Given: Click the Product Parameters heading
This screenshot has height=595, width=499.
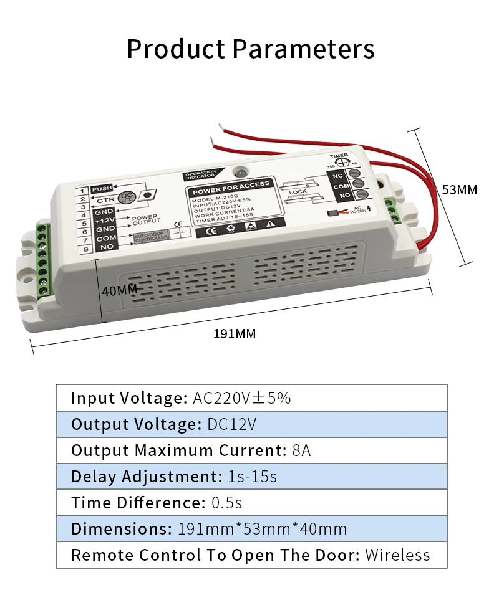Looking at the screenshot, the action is pyautogui.click(x=251, y=49).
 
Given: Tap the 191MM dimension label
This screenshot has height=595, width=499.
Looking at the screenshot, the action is pyautogui.click(x=235, y=334).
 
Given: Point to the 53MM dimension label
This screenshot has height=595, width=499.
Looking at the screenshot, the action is pyautogui.click(x=459, y=189).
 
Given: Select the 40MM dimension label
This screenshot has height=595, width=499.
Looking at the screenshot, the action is pyautogui.click(x=119, y=290).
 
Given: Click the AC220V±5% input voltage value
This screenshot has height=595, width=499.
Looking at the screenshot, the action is pyautogui.click(x=242, y=398).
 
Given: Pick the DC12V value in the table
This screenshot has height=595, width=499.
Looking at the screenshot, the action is pyautogui.click(x=231, y=424).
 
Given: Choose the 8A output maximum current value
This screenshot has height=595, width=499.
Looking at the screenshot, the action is pyautogui.click(x=301, y=450).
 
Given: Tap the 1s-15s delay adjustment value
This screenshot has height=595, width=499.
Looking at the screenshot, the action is pyautogui.click(x=251, y=477).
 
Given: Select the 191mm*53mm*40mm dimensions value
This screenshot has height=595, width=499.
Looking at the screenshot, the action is pyautogui.click(x=263, y=529).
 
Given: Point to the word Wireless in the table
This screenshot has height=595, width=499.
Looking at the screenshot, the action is pyautogui.click(x=397, y=555).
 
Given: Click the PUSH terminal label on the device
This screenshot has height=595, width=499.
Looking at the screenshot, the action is pyautogui.click(x=102, y=189).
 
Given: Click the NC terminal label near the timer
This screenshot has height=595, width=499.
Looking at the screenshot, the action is pyautogui.click(x=339, y=175).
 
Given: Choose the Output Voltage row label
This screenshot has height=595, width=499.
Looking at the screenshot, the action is pyautogui.click(x=134, y=424).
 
